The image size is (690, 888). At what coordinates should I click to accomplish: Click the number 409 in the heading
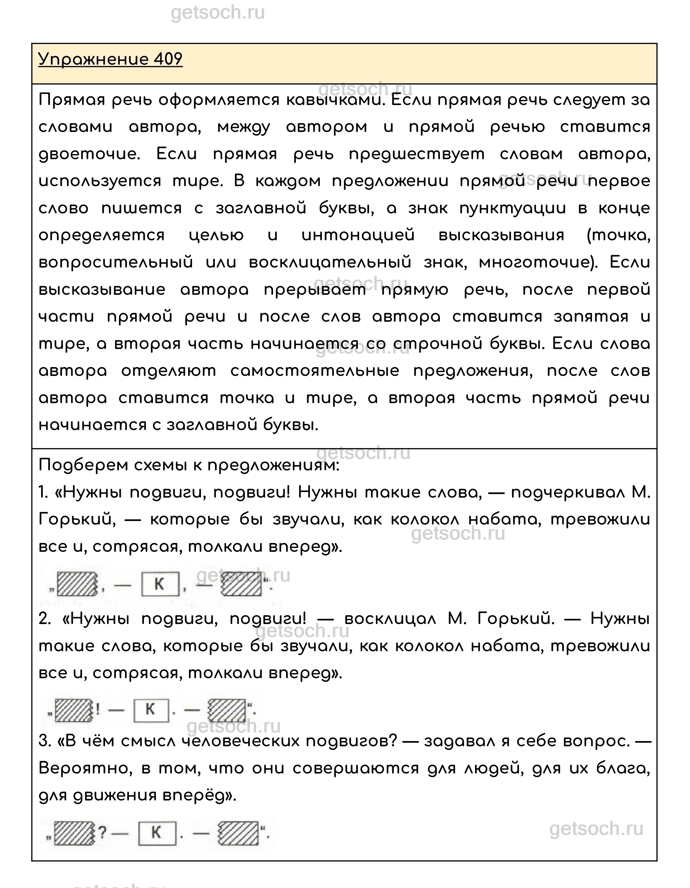[x=168, y=59]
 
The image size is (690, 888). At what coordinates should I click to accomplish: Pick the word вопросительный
[x=116, y=263]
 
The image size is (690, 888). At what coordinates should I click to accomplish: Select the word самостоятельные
[x=314, y=371]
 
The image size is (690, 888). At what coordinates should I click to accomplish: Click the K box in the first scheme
[x=160, y=584]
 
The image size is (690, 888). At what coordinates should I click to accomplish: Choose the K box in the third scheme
[x=157, y=833]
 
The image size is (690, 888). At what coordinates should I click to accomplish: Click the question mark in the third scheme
[x=102, y=833]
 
